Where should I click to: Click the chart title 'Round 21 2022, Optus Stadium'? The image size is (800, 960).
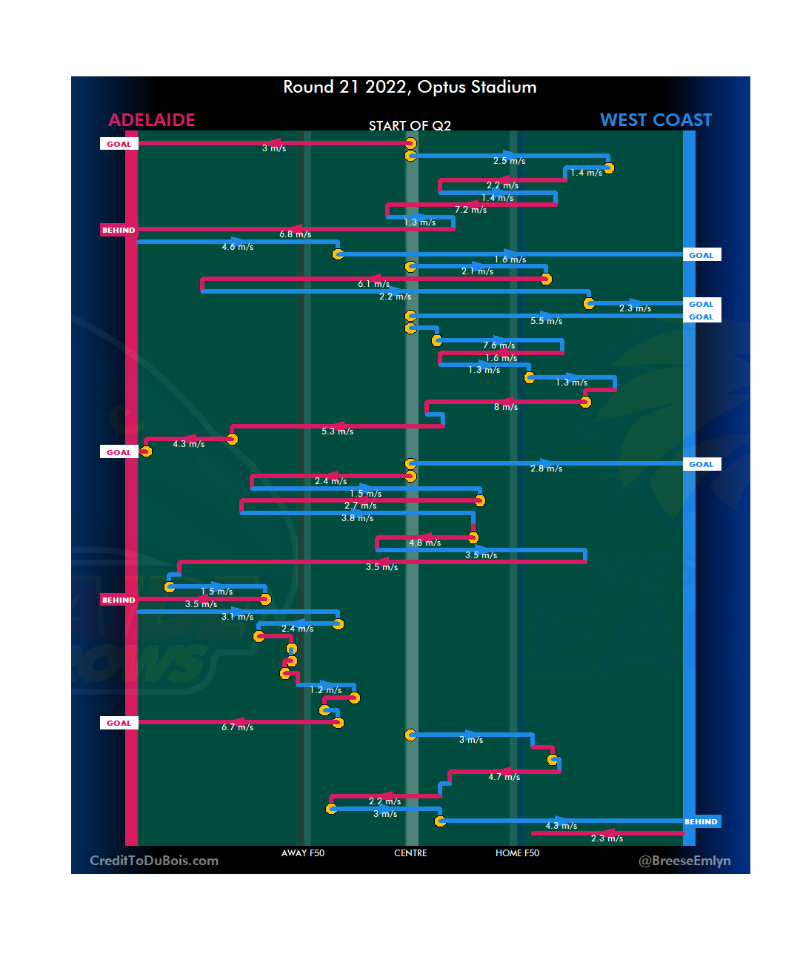click(x=410, y=87)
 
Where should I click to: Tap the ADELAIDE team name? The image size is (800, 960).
click(x=152, y=120)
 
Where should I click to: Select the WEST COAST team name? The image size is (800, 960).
click(x=656, y=120)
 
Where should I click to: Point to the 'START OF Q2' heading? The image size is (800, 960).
click(x=410, y=126)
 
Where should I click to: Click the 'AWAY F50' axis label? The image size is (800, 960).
click(x=302, y=853)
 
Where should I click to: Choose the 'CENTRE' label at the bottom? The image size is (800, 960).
click(x=410, y=853)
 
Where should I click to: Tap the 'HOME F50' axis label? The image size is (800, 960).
click(x=517, y=853)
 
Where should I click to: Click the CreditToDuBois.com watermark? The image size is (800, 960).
click(x=154, y=861)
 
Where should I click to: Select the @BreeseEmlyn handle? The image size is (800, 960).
click(x=684, y=861)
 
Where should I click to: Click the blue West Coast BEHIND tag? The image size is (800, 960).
click(x=701, y=822)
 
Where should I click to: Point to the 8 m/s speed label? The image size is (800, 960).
click(x=506, y=407)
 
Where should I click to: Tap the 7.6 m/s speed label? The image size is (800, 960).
click(x=499, y=345)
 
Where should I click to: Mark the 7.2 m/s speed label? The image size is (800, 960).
click(x=471, y=210)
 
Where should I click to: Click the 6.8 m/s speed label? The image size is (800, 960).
click(x=295, y=234)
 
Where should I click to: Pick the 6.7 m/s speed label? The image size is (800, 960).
click(x=237, y=727)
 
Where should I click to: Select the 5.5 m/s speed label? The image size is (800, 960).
click(x=546, y=321)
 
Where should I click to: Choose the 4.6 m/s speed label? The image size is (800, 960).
click(x=237, y=247)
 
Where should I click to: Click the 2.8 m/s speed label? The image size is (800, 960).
click(x=546, y=469)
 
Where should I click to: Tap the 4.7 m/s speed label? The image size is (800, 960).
click(x=504, y=777)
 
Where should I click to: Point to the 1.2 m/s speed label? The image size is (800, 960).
click(x=325, y=690)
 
